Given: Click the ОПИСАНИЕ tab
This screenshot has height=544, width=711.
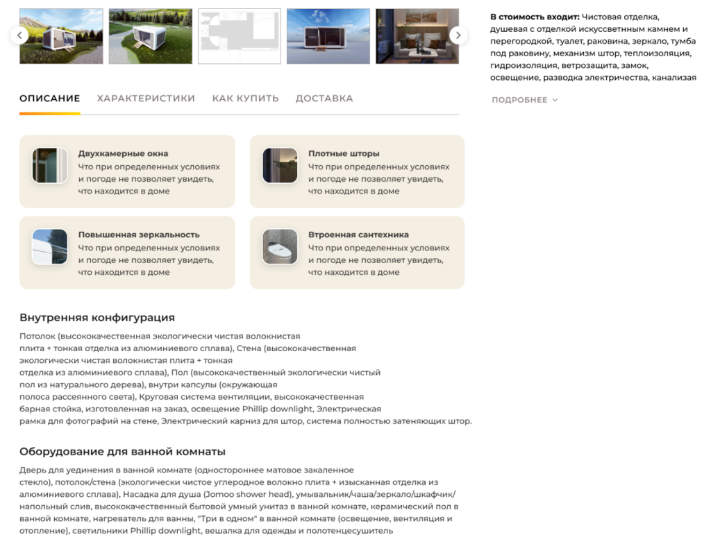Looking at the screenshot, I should point(50,99).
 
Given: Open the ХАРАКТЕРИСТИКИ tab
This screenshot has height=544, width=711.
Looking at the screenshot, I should point(146,99).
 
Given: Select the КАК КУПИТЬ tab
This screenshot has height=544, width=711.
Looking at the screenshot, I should point(245,99).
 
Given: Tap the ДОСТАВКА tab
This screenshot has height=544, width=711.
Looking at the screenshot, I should point(324,99).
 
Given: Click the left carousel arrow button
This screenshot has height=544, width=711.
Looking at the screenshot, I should point(19,35).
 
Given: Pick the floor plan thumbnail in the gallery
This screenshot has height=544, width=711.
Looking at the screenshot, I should point(240,36).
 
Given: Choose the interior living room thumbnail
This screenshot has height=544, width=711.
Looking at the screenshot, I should point(417,36).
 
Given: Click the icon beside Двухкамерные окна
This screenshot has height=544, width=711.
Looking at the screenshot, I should point(50,166).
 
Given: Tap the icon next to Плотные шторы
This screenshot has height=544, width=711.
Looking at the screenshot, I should point(280,166).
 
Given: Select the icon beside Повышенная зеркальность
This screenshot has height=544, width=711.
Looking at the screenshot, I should point(50,246).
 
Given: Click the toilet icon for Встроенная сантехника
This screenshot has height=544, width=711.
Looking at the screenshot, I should point(280,246).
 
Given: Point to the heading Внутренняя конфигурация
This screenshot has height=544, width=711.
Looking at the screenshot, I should point(97,318).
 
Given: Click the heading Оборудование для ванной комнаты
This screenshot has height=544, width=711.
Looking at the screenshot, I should point(122,452).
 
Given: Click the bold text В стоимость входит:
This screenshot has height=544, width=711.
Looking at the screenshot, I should point(535,17).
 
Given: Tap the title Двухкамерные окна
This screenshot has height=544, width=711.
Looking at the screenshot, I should point(123,153).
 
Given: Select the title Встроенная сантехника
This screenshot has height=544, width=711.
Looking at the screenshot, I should point(358,235).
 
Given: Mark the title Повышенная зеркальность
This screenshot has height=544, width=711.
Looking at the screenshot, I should point(139,235).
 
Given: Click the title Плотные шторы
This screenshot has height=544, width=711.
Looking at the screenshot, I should point(344,153).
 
